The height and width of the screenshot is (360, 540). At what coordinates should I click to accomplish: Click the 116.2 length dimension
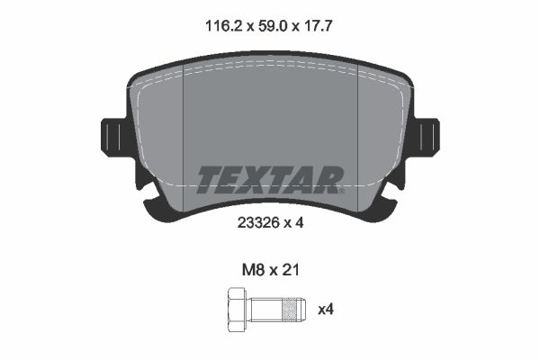click(x=225, y=26)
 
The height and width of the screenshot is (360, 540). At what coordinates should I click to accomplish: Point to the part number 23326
click(x=258, y=223)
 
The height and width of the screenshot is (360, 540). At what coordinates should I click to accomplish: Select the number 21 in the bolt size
click(x=291, y=270)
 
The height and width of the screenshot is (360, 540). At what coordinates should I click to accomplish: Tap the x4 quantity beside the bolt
click(x=326, y=310)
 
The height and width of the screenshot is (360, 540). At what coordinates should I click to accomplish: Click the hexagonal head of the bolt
click(x=237, y=310)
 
